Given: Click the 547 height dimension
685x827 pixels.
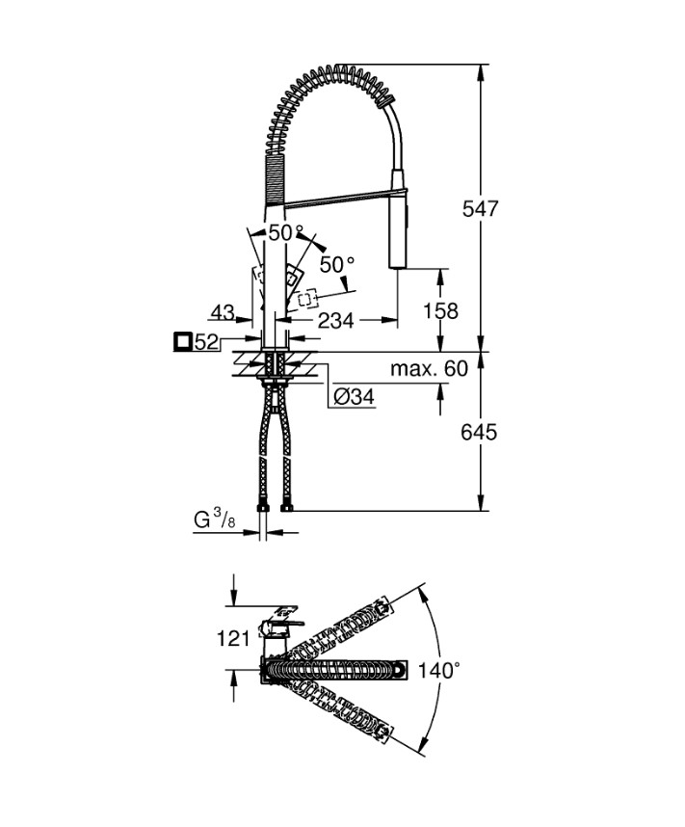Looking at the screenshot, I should tap(506, 208).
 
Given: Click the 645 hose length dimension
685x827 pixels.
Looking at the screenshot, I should tap(506, 433).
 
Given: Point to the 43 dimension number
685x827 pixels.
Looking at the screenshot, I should tap(222, 312).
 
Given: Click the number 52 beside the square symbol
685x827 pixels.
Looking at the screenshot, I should tap(207, 341).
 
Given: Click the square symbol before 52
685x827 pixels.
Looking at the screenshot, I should tap(181, 341).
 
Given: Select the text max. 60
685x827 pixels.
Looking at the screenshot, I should tap(429, 369).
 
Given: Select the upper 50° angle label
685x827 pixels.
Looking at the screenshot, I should tap(286, 232).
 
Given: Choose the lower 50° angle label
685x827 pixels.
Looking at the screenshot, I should tap(337, 263).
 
